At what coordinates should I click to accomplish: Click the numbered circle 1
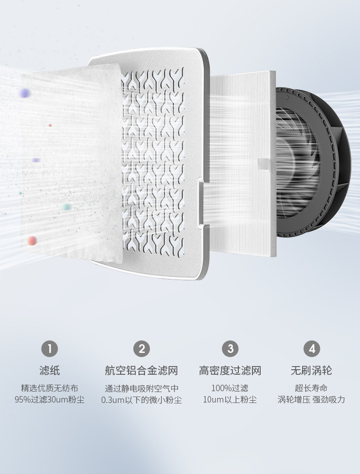pyautogui.click(x=50, y=349)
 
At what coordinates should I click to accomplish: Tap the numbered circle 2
pyautogui.click(x=141, y=349)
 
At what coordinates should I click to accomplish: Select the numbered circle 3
pyautogui.click(x=230, y=349)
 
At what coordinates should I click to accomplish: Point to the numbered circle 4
pyautogui.click(x=312, y=349)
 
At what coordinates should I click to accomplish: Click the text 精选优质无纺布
pyautogui.click(x=50, y=388)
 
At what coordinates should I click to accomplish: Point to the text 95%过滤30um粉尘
pyautogui.click(x=50, y=400)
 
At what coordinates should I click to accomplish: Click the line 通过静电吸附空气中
pyautogui.click(x=141, y=388)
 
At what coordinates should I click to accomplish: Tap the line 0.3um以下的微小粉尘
pyautogui.click(x=141, y=400)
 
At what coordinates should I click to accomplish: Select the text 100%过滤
pyautogui.click(x=230, y=388)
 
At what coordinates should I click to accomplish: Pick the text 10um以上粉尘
pyautogui.click(x=230, y=400)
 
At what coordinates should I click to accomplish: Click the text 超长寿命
pyautogui.click(x=312, y=388)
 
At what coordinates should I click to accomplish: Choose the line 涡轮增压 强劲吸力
pyautogui.click(x=312, y=400)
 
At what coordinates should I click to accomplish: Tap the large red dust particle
pyautogui.click(x=31, y=240)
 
